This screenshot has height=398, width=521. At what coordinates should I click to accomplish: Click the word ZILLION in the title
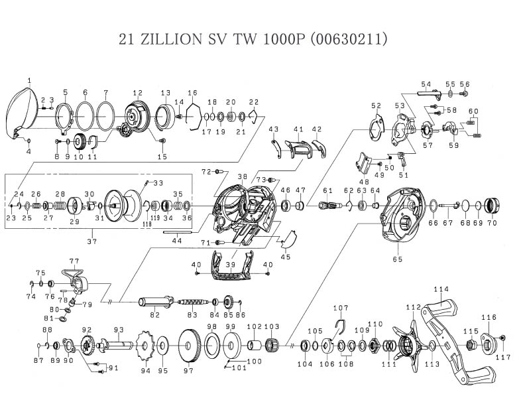point(171,39)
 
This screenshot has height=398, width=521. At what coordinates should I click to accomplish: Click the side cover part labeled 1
point(22,112)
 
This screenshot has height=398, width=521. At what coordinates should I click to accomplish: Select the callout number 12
point(138,93)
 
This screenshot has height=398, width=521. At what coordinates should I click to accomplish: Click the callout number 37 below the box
point(92,241)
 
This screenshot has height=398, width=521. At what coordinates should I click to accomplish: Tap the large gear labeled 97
point(190,346)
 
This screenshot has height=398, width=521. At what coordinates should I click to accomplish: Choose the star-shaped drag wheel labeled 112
point(408,346)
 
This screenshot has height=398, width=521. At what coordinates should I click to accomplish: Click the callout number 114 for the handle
point(441,289)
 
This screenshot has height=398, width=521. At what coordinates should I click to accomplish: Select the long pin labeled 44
point(178,232)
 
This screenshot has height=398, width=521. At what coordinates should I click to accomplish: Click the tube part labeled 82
point(156,302)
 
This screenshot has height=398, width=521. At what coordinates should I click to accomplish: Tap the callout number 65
point(398,259)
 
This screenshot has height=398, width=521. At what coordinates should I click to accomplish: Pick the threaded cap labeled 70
point(492,206)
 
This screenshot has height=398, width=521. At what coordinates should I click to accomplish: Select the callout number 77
point(74,261)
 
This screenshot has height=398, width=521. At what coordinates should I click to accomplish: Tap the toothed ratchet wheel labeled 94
point(145,348)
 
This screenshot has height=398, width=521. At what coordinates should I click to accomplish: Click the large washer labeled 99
point(231,346)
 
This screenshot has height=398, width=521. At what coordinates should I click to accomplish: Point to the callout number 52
point(376,105)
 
